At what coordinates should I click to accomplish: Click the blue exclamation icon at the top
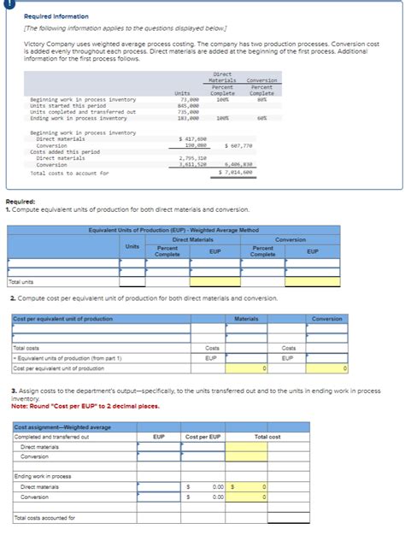click(4, 3)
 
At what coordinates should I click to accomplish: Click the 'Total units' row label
click(21, 281)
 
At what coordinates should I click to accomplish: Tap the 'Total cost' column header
click(267, 436)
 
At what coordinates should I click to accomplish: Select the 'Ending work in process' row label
click(42, 475)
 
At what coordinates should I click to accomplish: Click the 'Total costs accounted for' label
click(44, 517)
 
